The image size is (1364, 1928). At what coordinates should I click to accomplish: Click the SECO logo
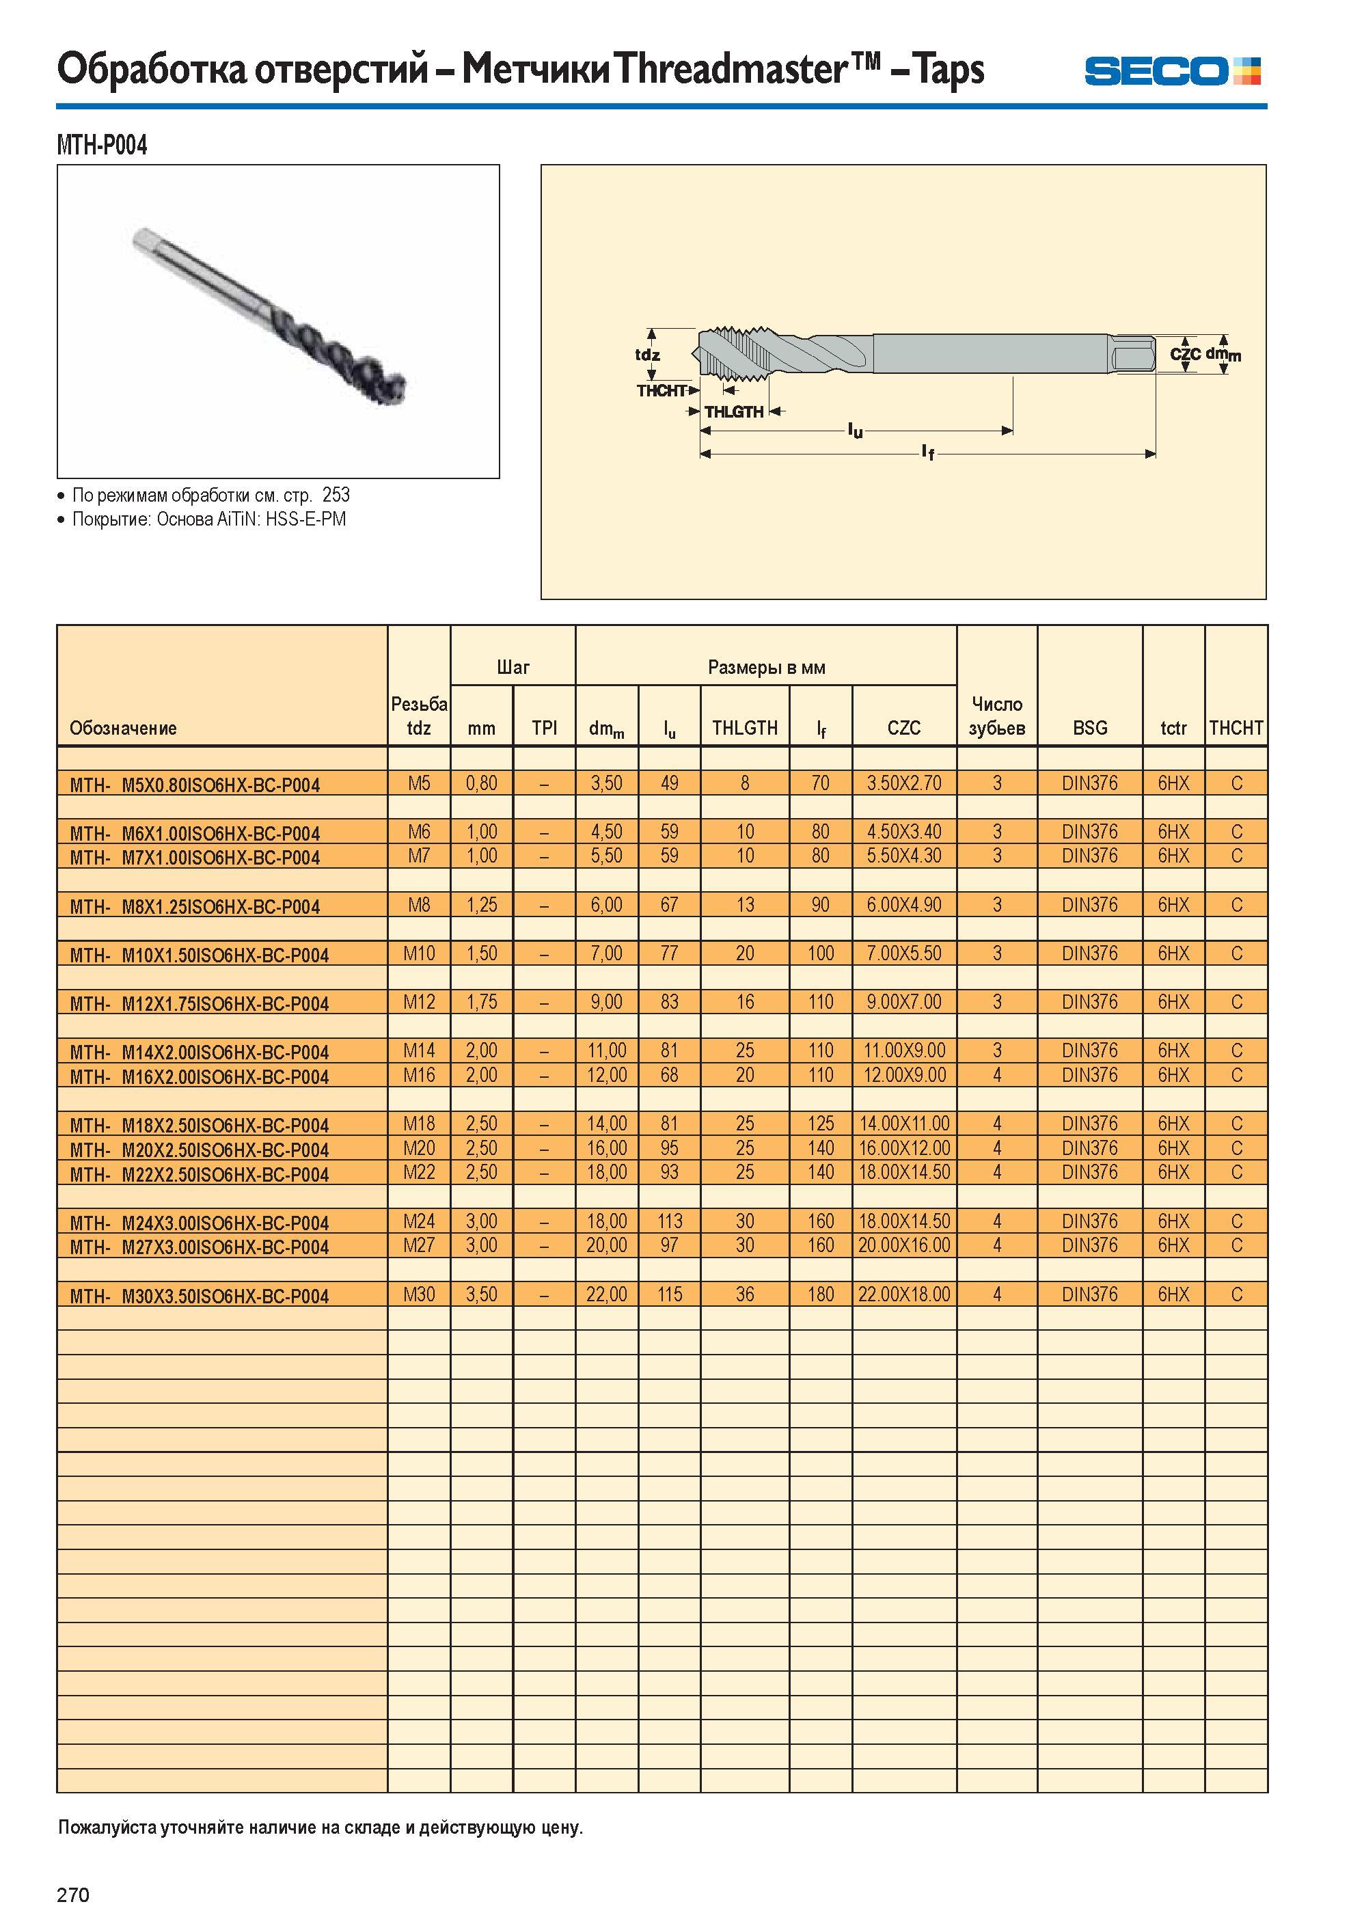pyautogui.click(x=1172, y=71)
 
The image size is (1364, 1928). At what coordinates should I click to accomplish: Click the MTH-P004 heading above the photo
pyautogui.click(x=102, y=146)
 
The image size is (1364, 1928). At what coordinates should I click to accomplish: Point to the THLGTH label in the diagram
pyautogui.click(x=734, y=411)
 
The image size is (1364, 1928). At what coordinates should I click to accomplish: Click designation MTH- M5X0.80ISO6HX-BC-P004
pyautogui.click(x=195, y=785)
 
